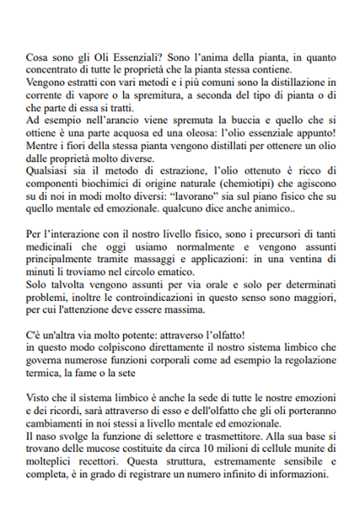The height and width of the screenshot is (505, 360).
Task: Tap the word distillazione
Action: (293, 82)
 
